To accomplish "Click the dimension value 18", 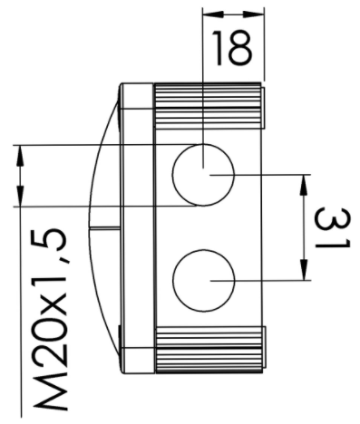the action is coord(231,48).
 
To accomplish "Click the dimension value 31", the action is coord(332,228).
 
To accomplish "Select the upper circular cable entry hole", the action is coord(203,175).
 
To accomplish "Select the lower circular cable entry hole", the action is coord(204,280).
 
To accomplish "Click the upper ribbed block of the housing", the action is coord(209,106).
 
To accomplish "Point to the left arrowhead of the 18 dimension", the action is coord(212,14).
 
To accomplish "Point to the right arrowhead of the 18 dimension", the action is coord(253,14).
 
